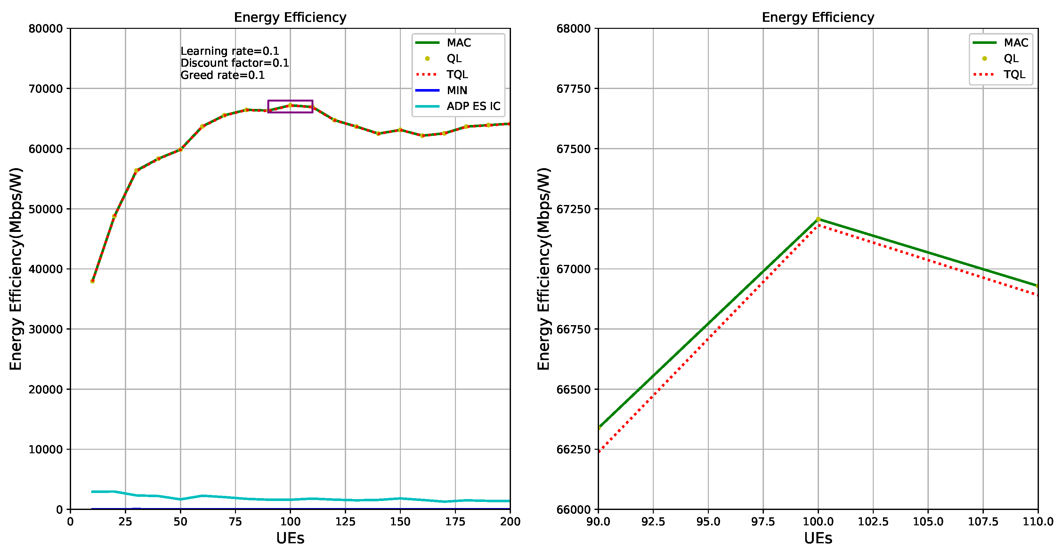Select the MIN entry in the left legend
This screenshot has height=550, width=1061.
pos(456,90)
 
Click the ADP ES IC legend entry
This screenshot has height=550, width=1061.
pos(473,106)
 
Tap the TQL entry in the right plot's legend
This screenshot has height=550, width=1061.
pos(1014,75)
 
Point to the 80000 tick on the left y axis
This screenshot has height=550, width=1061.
pos(45,29)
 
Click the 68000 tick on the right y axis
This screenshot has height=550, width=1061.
pos(573,29)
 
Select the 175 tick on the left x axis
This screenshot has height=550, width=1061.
pos(455,521)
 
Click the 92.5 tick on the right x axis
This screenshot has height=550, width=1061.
pos(653,521)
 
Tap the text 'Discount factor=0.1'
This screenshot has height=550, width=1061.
pos(234,63)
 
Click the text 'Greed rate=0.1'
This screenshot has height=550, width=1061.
pos(223,75)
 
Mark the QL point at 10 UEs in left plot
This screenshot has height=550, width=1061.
pos(92,281)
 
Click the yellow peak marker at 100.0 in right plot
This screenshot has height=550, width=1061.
pos(818,219)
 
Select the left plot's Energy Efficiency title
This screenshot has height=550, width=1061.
pos(290,17)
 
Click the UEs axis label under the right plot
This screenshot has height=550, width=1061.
pos(818,538)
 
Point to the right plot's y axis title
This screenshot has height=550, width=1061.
pos(543,269)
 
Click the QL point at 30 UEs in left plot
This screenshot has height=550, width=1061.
pos(136,170)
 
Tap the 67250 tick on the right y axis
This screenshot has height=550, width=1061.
pos(573,209)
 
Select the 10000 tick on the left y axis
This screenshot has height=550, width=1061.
pos(45,449)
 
